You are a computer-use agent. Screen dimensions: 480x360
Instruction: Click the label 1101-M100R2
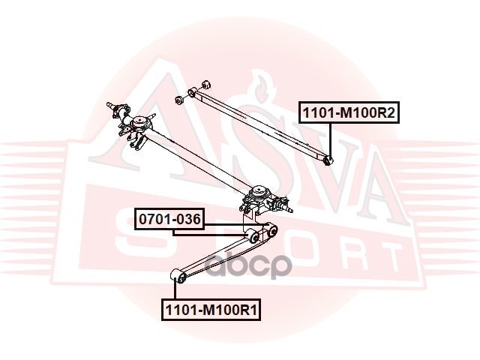pyautogui.click(x=349, y=113)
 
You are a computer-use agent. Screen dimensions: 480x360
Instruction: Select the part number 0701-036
pyautogui.click(x=168, y=220)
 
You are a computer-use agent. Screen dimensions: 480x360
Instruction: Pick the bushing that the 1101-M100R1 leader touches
pyautogui.click(x=178, y=278)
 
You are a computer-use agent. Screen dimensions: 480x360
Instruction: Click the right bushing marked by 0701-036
pyautogui.click(x=274, y=232)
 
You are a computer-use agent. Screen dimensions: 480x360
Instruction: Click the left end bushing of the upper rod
pyautogui.click(x=193, y=92)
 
